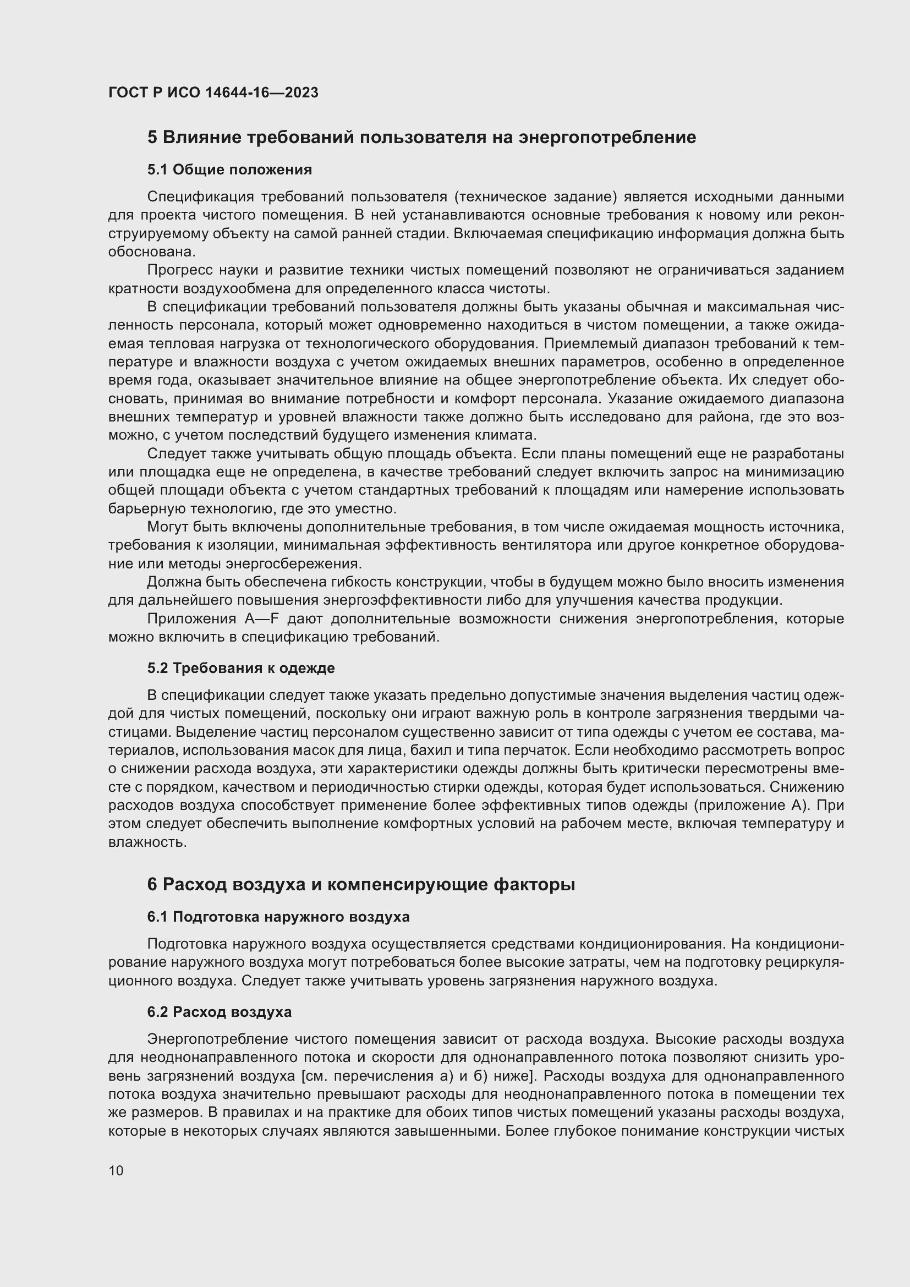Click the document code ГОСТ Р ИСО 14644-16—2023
pyautogui.click(x=213, y=92)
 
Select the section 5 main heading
pyautogui.click(x=421, y=138)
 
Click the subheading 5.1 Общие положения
pyautogui.click(x=229, y=169)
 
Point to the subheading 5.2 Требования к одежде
pyautogui.click(x=241, y=667)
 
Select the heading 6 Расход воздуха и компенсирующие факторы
pyautogui.click(x=361, y=885)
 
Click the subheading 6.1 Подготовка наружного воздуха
pyautogui.click(x=278, y=917)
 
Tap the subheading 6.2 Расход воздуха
pyautogui.click(x=219, y=1012)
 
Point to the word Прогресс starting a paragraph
pyautogui.click(x=179, y=270)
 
